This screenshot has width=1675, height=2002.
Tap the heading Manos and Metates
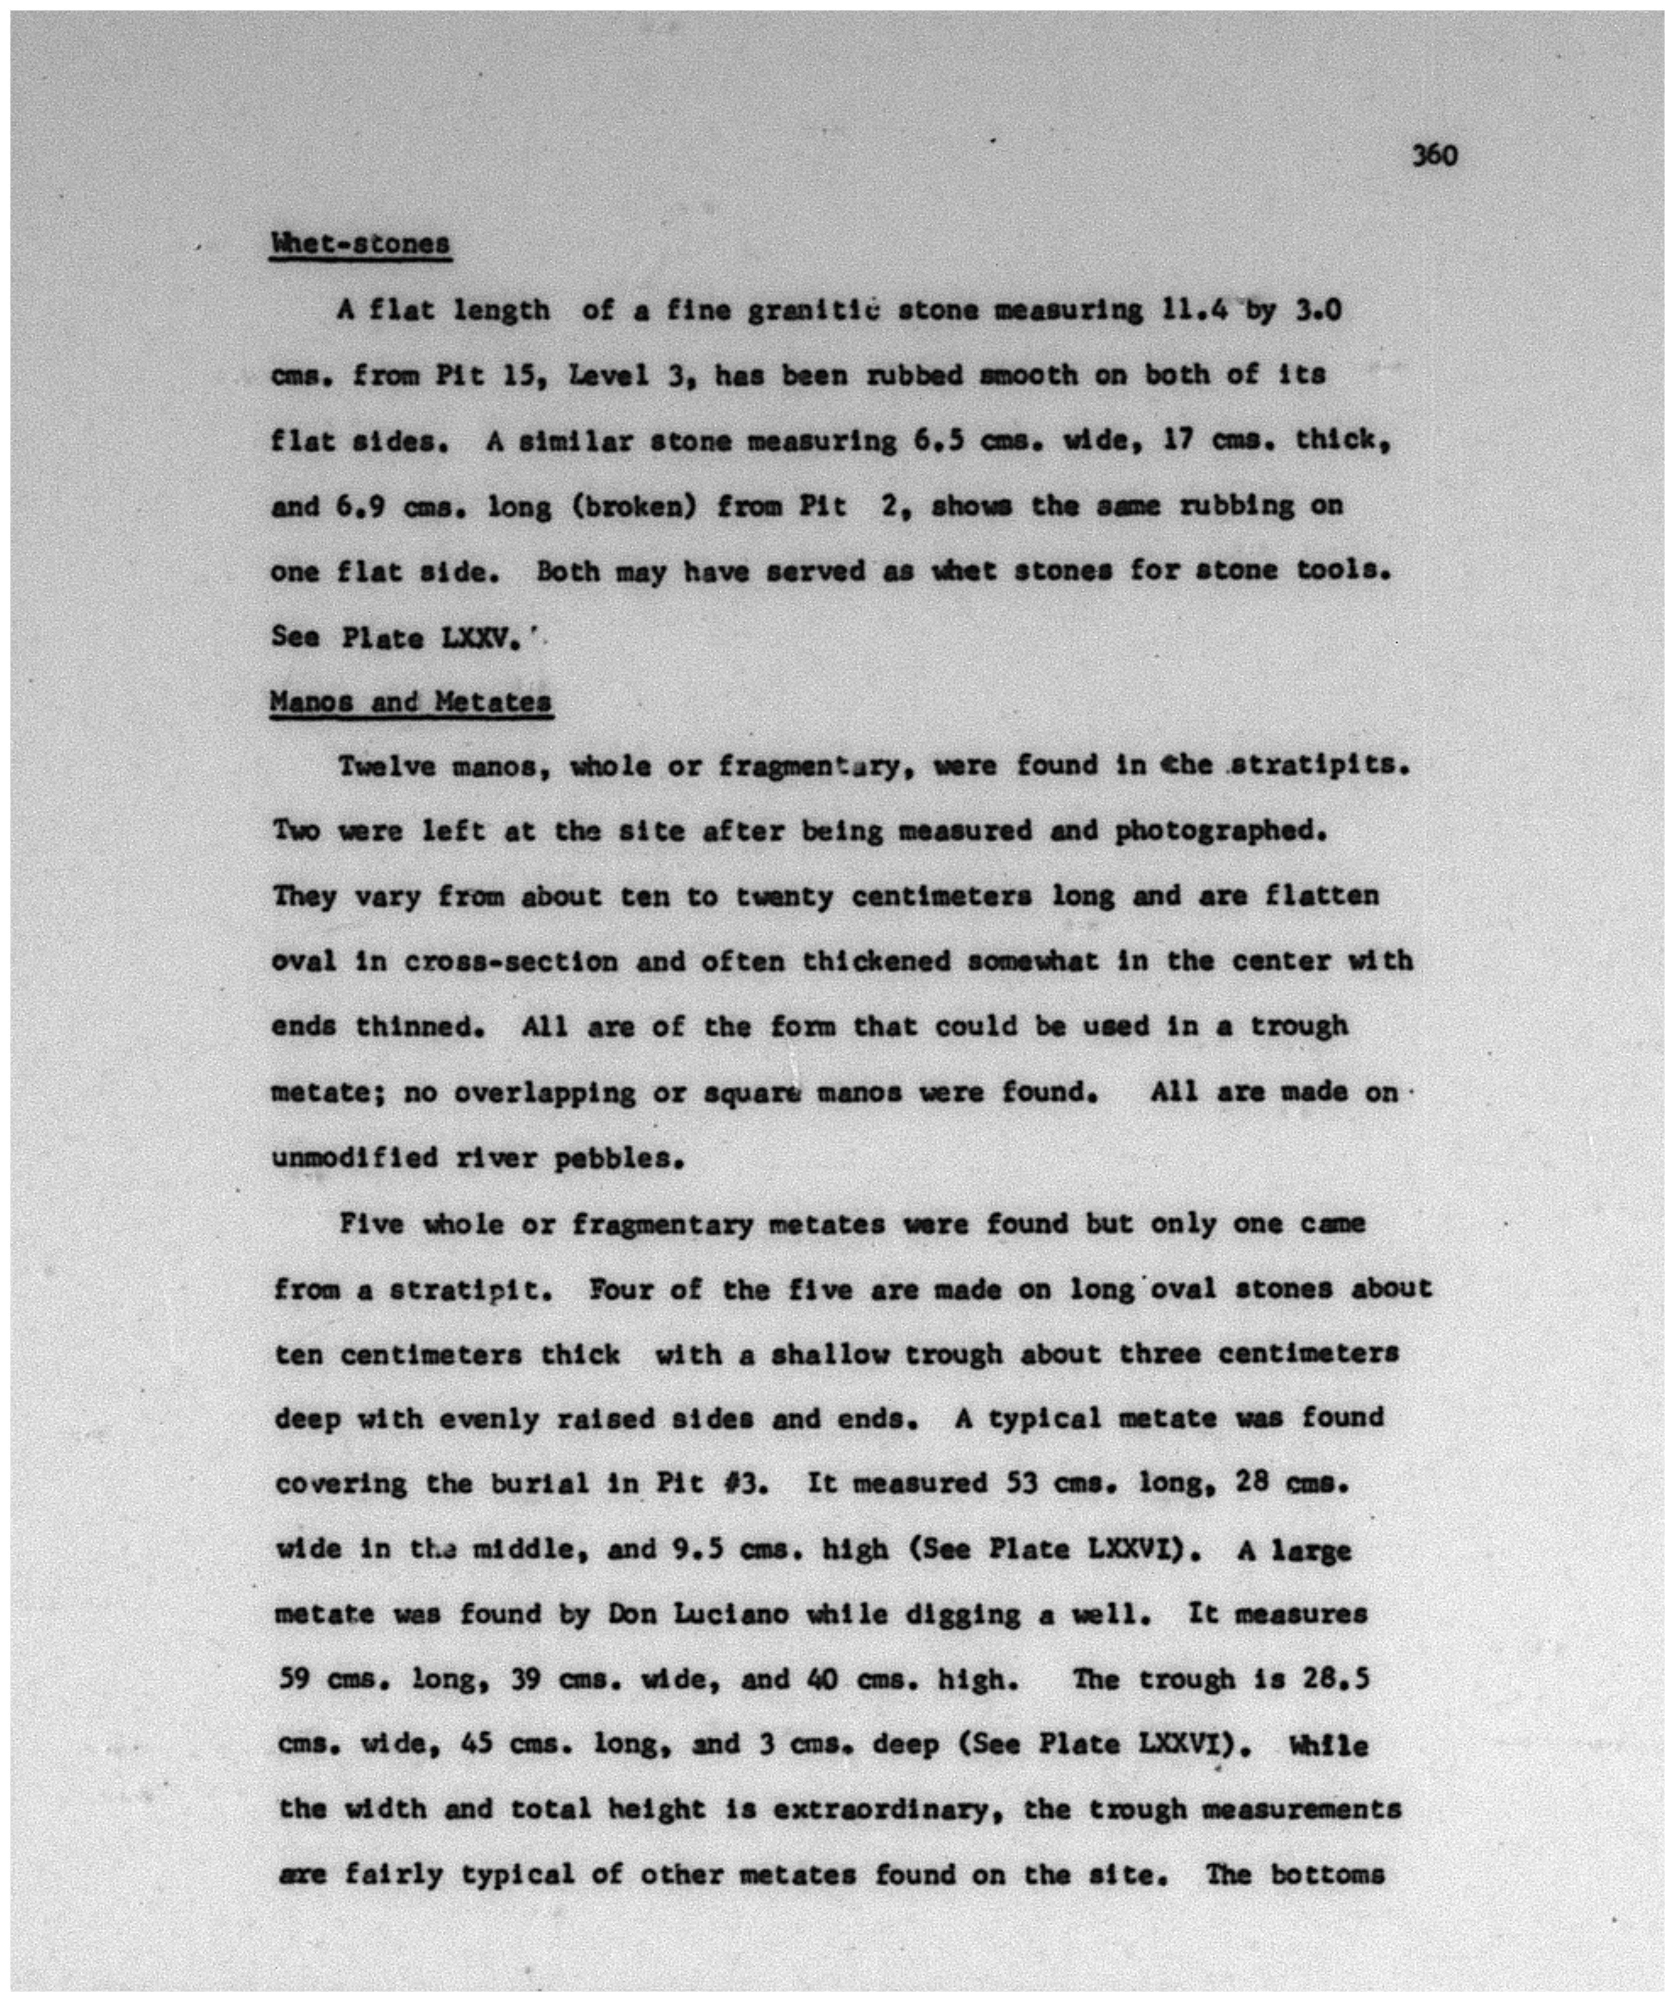(411, 702)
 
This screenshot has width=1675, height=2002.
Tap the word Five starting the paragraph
(372, 1224)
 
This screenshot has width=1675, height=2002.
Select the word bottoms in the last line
(1327, 1875)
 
